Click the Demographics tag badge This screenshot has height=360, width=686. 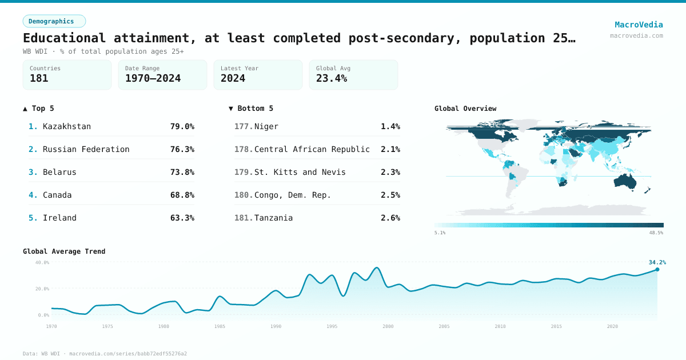pyautogui.click(x=54, y=21)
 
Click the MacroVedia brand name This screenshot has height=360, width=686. pyautogui.click(x=639, y=25)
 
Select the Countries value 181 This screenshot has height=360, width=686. pyautogui.click(x=39, y=78)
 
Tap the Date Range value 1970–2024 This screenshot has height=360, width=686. pyautogui.click(x=153, y=78)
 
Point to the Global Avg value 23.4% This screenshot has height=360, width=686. pyautogui.click(x=332, y=78)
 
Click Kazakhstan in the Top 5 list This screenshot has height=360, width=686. pyautogui.click(x=67, y=126)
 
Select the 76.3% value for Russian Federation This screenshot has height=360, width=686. pyautogui.click(x=182, y=149)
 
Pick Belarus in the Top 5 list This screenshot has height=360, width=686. pyautogui.click(x=59, y=172)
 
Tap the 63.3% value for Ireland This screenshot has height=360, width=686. pyautogui.click(x=182, y=218)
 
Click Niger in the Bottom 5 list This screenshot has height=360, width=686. pyautogui.click(x=266, y=126)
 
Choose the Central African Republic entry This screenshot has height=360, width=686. pyautogui.click(x=312, y=149)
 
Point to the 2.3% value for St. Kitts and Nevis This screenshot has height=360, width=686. pyautogui.click(x=390, y=172)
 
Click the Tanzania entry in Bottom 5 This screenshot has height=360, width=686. pyautogui.click(x=273, y=218)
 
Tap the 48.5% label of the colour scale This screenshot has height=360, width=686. pyautogui.click(x=656, y=233)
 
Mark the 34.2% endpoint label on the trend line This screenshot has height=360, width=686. pyautogui.click(x=657, y=262)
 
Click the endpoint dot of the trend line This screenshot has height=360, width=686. pyautogui.click(x=657, y=269)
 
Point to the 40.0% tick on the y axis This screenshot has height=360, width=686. pyautogui.click(x=42, y=262)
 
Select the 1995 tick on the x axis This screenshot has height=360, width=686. pyautogui.click(x=332, y=326)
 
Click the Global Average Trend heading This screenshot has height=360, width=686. pyautogui.click(x=64, y=251)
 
